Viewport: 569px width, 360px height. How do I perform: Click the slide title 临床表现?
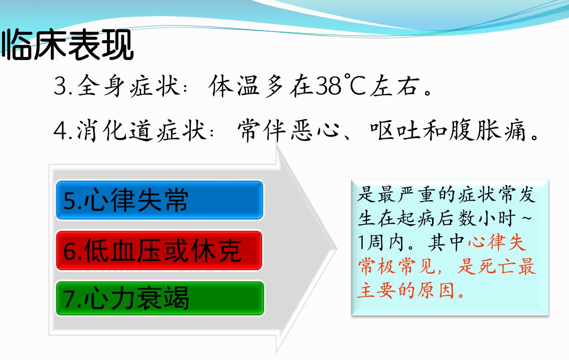tap(68, 45)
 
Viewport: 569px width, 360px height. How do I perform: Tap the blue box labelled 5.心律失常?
tap(159, 200)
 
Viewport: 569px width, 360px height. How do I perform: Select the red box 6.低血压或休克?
tap(159, 251)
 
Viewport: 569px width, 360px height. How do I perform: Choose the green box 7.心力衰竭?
tap(160, 298)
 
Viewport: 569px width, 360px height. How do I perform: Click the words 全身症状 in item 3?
tap(129, 86)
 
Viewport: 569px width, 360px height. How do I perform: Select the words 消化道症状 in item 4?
tap(141, 130)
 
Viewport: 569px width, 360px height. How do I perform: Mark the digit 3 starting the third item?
tap(60, 86)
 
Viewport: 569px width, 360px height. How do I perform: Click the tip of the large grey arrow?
tap(337, 249)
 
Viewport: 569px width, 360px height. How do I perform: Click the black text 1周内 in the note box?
tap(381, 242)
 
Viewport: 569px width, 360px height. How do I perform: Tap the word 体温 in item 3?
tap(234, 86)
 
